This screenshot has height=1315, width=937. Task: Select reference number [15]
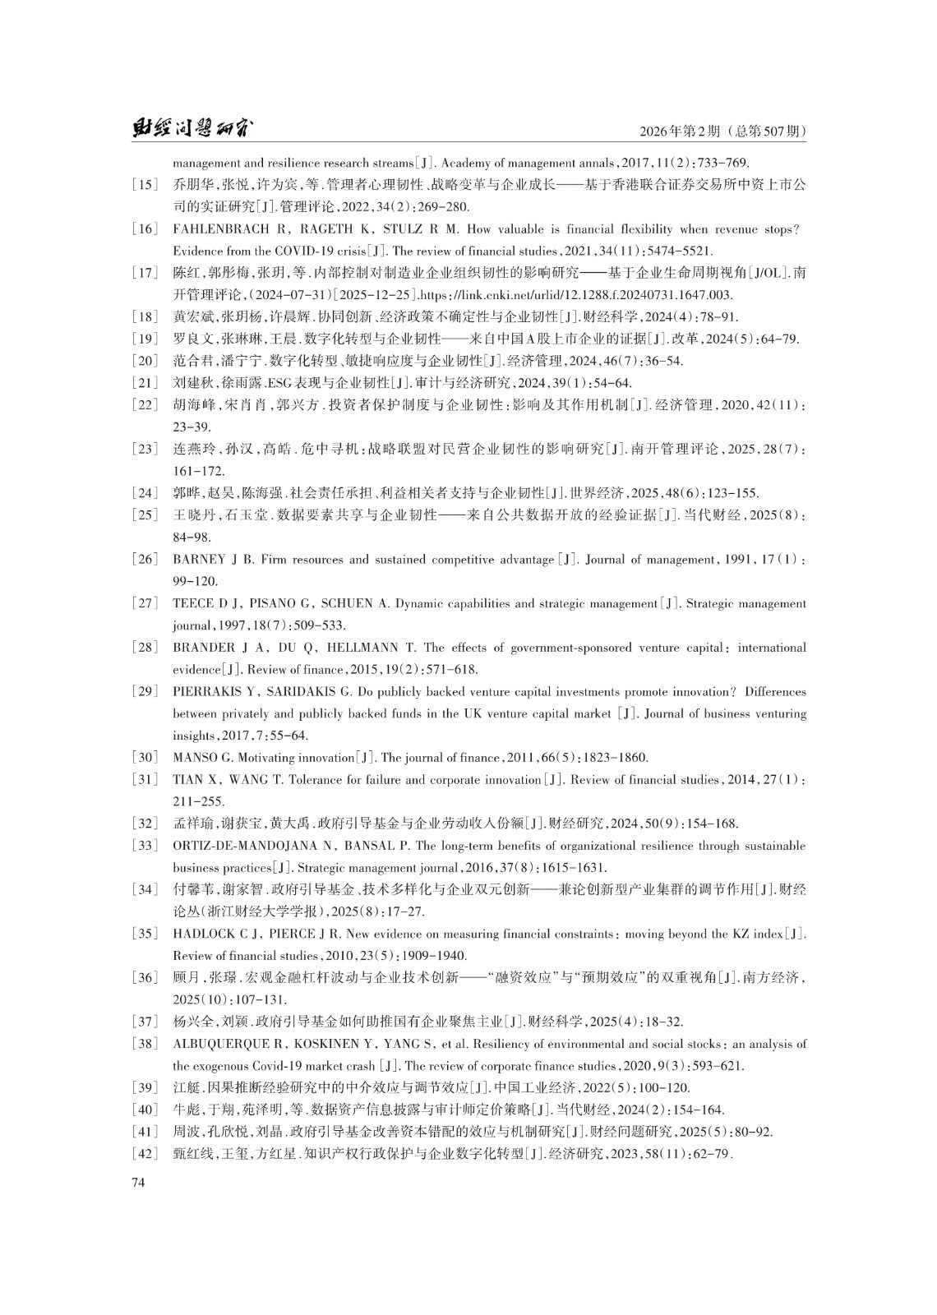tap(145, 185)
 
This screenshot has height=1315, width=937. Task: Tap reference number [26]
tap(145, 560)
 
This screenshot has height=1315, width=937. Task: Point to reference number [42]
tap(145, 1155)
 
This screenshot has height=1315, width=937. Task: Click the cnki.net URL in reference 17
tap(576, 295)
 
